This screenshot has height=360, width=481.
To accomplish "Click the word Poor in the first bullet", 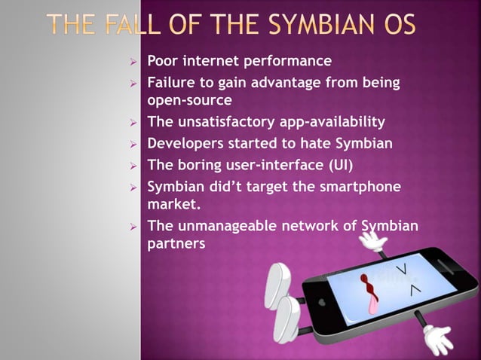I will [163, 60].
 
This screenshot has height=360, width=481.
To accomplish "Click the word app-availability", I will [320, 121].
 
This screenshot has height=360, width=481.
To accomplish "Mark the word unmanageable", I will [223, 225].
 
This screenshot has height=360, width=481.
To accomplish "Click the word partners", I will [176, 244].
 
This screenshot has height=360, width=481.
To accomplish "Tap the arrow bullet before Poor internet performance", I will [133, 61].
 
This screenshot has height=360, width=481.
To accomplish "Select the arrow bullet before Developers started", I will [133, 143].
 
